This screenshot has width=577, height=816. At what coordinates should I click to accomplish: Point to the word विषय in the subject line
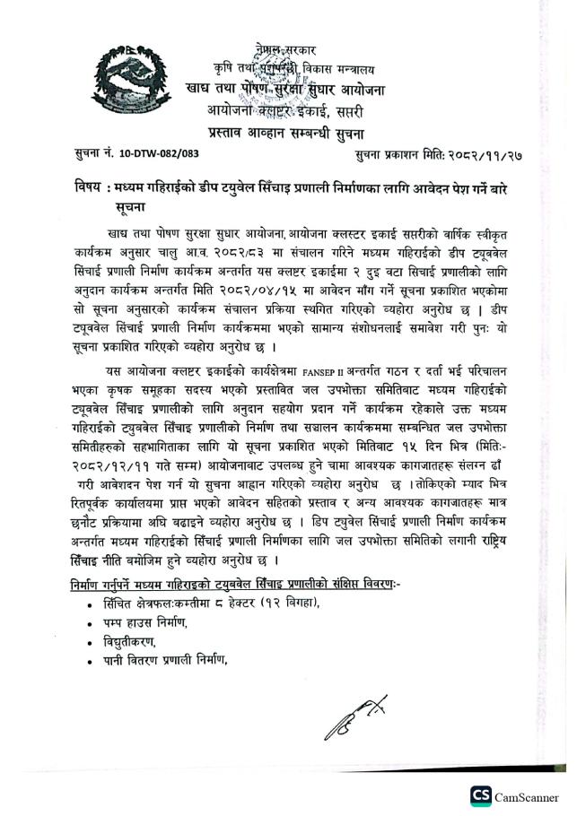coord(90,191)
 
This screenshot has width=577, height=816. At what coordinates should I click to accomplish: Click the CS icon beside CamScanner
coord(482,796)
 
